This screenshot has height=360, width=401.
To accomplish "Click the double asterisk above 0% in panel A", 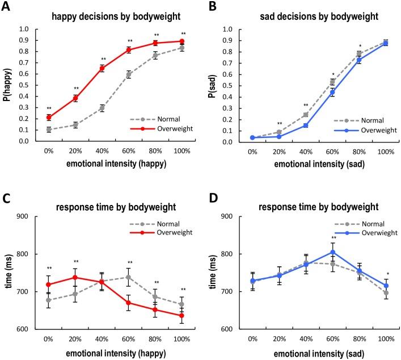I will click(49, 108).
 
